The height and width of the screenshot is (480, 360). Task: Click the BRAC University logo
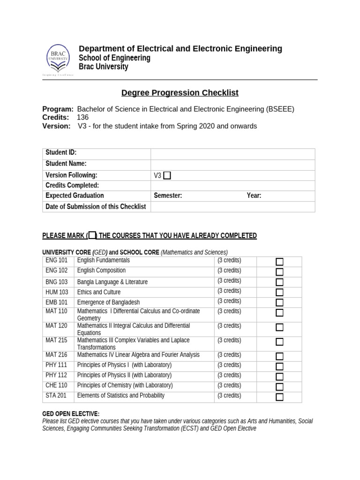(58, 60)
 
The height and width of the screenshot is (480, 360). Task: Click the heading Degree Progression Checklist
(180, 93)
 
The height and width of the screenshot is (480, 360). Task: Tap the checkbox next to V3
(167, 175)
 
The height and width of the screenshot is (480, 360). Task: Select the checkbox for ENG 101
(279, 262)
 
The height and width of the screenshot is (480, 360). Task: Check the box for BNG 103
(279, 282)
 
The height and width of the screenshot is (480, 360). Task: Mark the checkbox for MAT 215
(279, 342)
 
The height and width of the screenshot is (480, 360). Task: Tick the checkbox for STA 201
(279, 397)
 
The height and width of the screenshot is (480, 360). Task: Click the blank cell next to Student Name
(232, 165)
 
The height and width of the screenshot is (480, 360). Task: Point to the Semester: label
(168, 196)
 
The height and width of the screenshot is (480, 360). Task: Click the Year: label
(254, 196)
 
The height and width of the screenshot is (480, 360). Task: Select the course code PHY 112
(56, 375)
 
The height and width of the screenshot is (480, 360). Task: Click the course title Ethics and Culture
(99, 292)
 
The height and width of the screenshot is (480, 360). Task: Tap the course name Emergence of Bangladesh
(108, 302)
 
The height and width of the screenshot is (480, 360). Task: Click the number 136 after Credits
(82, 118)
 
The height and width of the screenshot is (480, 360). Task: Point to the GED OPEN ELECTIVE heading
(71, 414)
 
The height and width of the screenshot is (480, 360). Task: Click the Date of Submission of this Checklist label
(96, 207)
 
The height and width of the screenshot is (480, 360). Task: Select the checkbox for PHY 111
(279, 366)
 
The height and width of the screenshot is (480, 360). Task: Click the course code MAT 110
(56, 311)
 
